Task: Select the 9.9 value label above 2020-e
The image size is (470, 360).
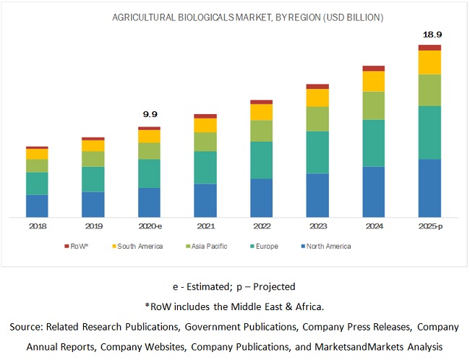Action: point(150,113)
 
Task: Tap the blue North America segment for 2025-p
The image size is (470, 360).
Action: point(430,187)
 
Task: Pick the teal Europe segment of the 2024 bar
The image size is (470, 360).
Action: point(374,143)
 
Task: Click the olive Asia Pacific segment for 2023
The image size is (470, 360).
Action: point(317,119)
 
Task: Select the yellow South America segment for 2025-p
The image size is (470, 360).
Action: point(430,62)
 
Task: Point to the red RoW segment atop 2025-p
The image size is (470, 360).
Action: point(430,48)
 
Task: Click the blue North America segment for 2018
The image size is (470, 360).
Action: point(38,205)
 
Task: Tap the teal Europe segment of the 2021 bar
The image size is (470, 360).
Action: point(205,167)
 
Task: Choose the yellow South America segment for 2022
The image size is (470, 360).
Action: point(262,112)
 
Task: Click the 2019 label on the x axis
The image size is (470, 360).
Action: point(93,226)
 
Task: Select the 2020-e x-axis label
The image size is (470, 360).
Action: point(150,226)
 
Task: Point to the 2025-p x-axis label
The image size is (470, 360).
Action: point(430,226)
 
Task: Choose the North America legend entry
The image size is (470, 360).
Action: point(327,247)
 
